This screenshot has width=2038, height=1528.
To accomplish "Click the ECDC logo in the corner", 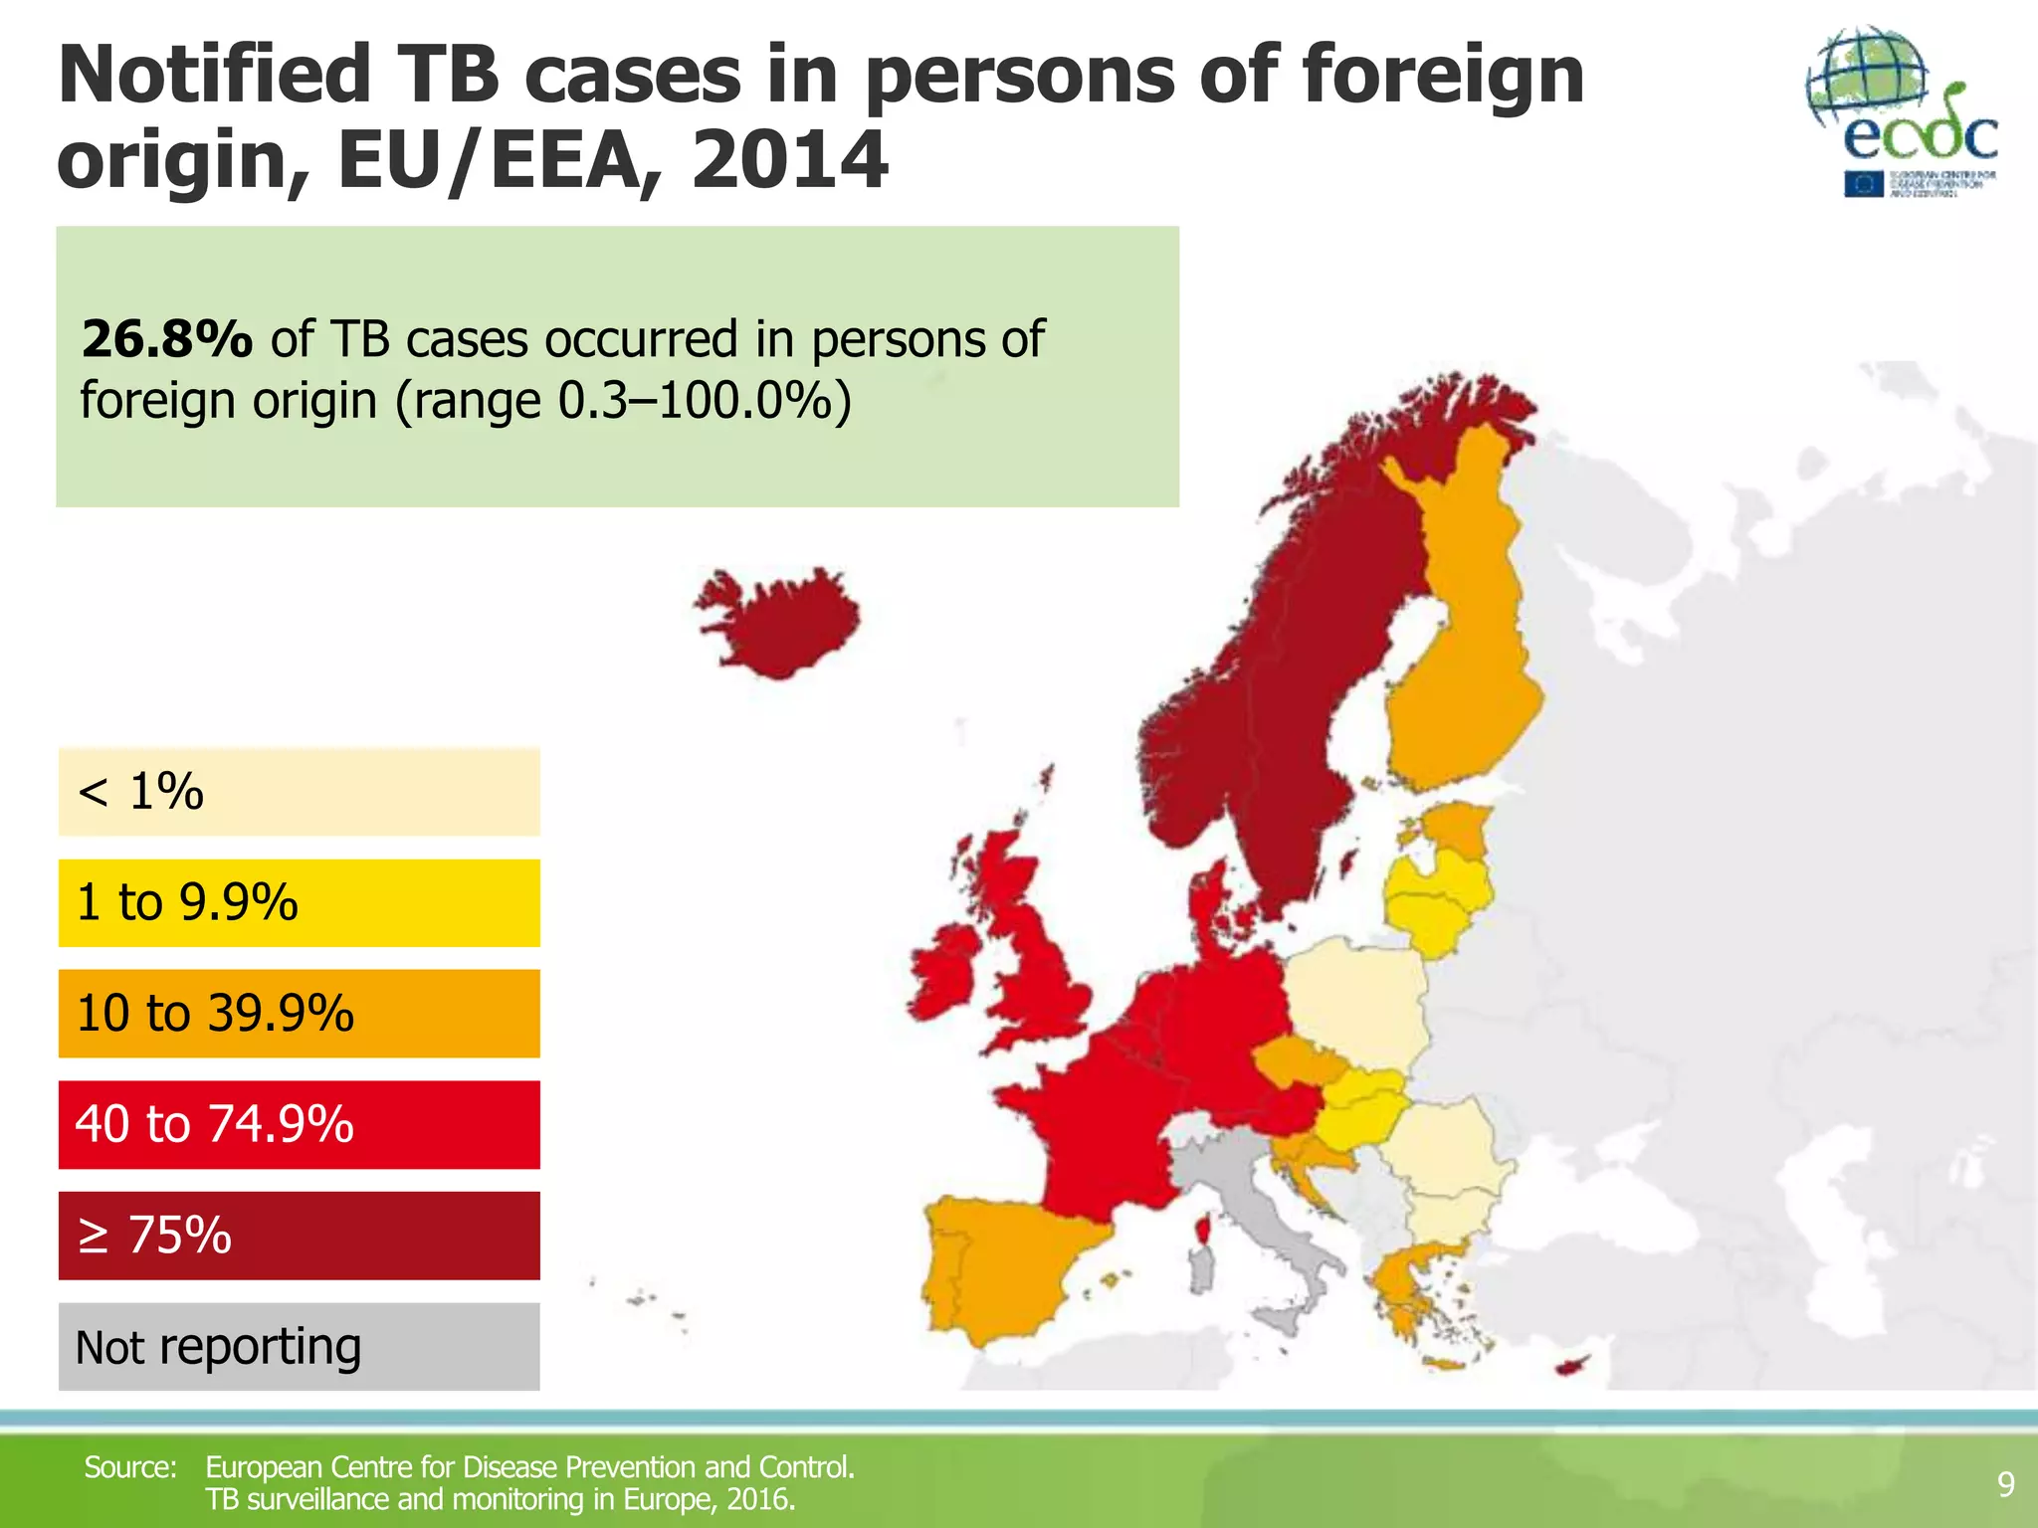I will [1902, 112].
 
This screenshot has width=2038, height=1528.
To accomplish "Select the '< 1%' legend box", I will [299, 792].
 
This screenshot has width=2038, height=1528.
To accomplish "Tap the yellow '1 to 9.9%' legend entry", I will [299, 902].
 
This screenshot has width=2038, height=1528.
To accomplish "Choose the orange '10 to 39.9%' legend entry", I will [299, 1013].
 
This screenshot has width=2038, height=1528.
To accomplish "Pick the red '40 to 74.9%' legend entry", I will [299, 1124].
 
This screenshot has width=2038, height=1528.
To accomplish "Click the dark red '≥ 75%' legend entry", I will [299, 1236].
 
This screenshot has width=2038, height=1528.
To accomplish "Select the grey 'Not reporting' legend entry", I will [299, 1346].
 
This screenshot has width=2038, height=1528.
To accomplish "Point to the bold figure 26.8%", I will [167, 339].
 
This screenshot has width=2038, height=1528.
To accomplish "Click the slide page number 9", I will [2006, 1484].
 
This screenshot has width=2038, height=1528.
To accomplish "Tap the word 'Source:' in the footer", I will [130, 1467].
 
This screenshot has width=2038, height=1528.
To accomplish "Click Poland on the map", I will [1358, 1005].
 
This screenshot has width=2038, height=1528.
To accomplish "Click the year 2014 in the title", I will [790, 160].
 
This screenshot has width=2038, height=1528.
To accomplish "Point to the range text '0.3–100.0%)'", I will [705, 401].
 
